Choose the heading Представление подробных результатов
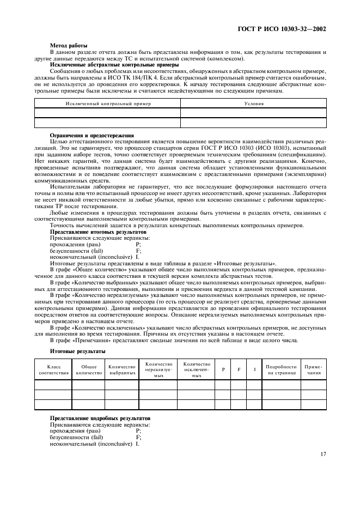click(100, 418)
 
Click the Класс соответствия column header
click(54, 369)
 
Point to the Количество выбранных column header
click(122, 369)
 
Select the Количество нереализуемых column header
click(158, 369)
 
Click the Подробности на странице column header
click(281, 369)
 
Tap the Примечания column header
click(313, 369)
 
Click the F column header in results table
click(239, 369)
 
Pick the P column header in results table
click(223, 369)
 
